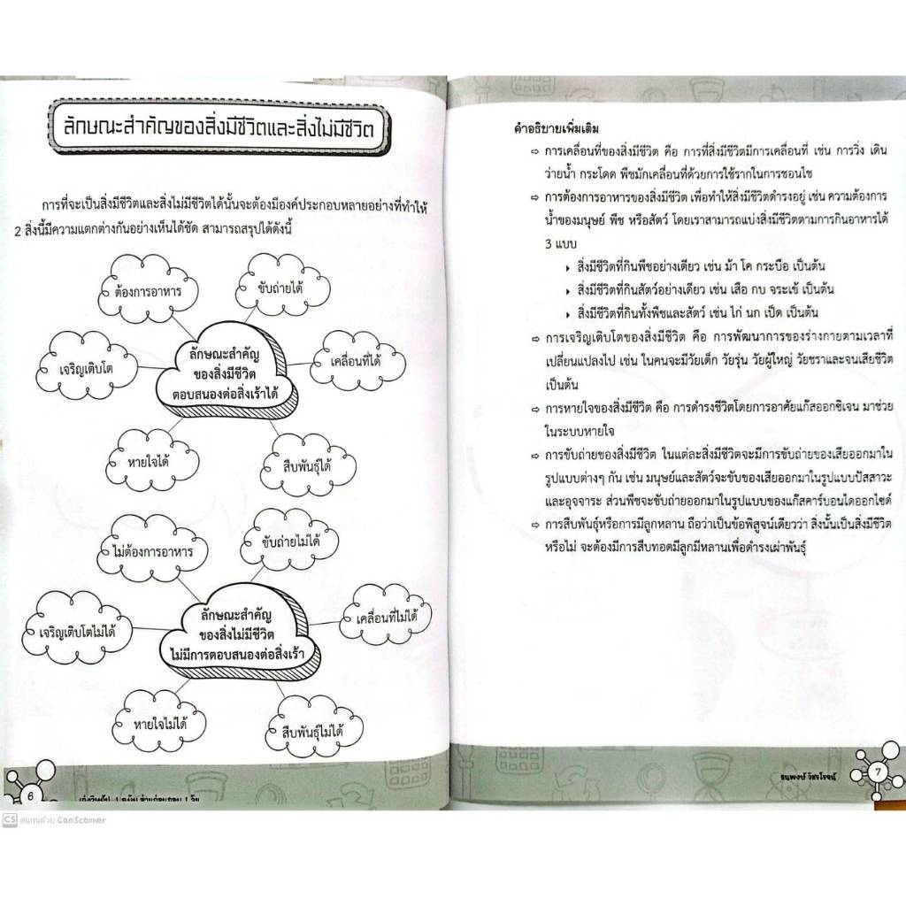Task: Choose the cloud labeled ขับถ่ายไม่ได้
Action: pyautogui.click(x=289, y=539)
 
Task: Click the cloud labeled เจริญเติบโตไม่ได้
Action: pyautogui.click(x=78, y=631)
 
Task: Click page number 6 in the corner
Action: pyautogui.click(x=31, y=795)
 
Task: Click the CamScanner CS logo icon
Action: pyautogui.click(x=9, y=819)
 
